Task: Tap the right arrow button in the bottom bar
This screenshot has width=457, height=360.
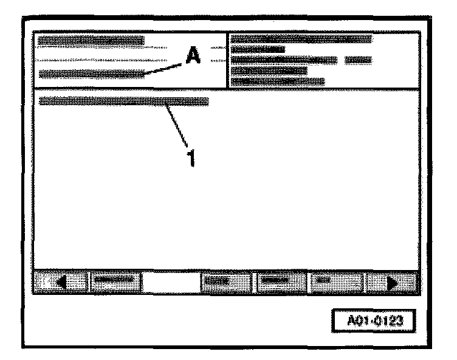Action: coord(392,282)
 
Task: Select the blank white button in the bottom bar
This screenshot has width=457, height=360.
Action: coord(171,282)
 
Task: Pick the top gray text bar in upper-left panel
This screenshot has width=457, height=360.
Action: coord(91,41)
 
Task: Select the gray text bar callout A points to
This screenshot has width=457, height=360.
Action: coord(91,74)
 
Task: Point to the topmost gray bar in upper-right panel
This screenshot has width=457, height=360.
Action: coord(301,39)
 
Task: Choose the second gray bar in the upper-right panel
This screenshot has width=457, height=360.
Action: coord(258,49)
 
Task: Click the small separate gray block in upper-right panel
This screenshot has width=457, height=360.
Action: coord(358,60)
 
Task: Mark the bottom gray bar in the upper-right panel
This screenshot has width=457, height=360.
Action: coord(278,81)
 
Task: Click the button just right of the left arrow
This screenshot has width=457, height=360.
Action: coord(115,282)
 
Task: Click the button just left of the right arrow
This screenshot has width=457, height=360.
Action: coord(337,282)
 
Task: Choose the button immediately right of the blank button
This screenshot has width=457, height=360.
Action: coord(225,282)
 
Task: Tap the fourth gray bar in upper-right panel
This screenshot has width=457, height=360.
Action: coord(269,71)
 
